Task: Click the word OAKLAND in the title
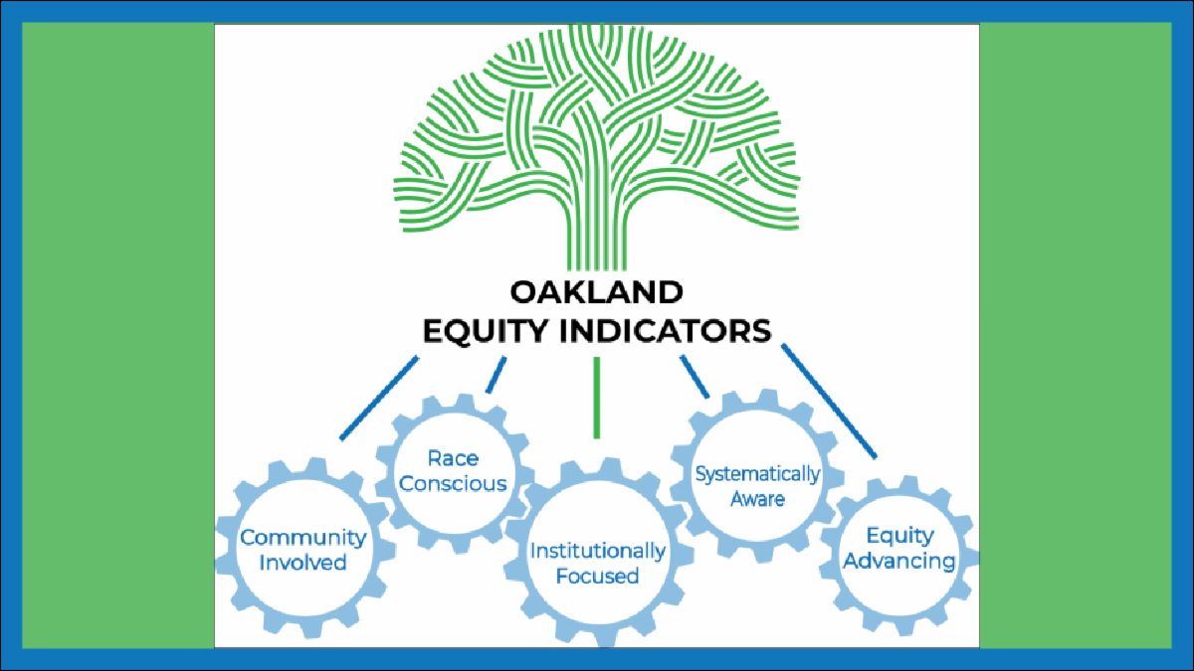(x=596, y=292)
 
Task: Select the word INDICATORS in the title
(x=666, y=331)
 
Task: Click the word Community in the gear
(x=302, y=538)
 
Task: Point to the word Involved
(x=302, y=563)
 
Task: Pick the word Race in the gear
(x=453, y=458)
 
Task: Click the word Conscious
(x=453, y=483)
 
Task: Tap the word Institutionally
(x=598, y=551)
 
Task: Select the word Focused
(x=598, y=576)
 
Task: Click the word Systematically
(x=757, y=474)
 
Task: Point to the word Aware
(x=757, y=499)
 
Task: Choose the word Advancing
(x=899, y=561)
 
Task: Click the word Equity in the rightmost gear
(x=900, y=536)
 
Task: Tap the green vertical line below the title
(x=597, y=398)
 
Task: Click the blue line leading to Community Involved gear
(x=379, y=399)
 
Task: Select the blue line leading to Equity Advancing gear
(x=829, y=401)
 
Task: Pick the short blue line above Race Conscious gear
(x=496, y=375)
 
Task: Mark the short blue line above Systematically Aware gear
(x=695, y=377)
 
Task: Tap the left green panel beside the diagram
(x=117, y=336)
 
